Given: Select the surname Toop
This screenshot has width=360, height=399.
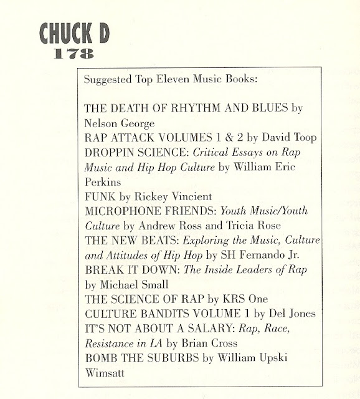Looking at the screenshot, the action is point(271,136).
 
